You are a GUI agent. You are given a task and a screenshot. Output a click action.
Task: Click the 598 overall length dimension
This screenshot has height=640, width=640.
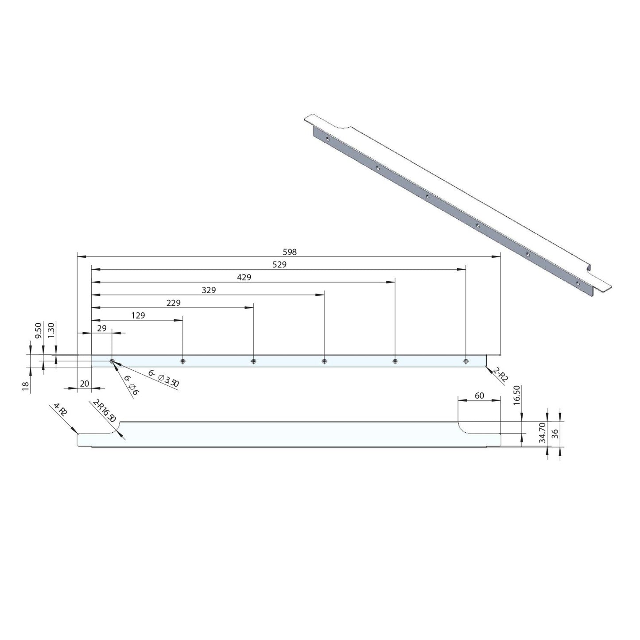pyautogui.click(x=289, y=252)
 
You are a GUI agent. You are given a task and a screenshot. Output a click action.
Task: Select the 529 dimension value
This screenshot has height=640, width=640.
pyautogui.click(x=279, y=265)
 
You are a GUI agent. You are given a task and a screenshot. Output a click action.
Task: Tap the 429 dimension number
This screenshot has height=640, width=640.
pyautogui.click(x=244, y=278)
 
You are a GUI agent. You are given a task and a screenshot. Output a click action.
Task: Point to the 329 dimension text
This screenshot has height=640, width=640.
pyautogui.click(x=209, y=291)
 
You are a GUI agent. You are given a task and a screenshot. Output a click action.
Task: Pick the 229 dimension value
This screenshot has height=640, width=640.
pyautogui.click(x=174, y=303)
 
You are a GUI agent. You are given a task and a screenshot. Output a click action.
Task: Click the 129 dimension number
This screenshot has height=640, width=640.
pyautogui.click(x=138, y=316)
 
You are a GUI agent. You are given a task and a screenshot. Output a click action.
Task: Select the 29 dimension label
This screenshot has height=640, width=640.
pyautogui.click(x=101, y=328)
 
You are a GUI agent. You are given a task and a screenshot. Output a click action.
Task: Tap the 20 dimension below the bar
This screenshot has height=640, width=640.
pyautogui.click(x=84, y=384)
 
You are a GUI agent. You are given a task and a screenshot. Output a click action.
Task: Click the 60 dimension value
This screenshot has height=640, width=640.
pyautogui.click(x=479, y=396)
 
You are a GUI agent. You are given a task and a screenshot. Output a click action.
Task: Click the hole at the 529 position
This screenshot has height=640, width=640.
pyautogui.click(x=465, y=361)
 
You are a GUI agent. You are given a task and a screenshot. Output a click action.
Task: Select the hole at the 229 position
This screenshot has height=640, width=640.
pyautogui.click(x=253, y=361)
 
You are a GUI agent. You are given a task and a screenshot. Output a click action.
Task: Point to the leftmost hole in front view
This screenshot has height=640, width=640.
pyautogui.click(x=112, y=361)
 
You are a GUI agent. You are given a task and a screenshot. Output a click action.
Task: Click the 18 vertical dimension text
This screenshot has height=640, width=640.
pyautogui.click(x=25, y=386)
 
